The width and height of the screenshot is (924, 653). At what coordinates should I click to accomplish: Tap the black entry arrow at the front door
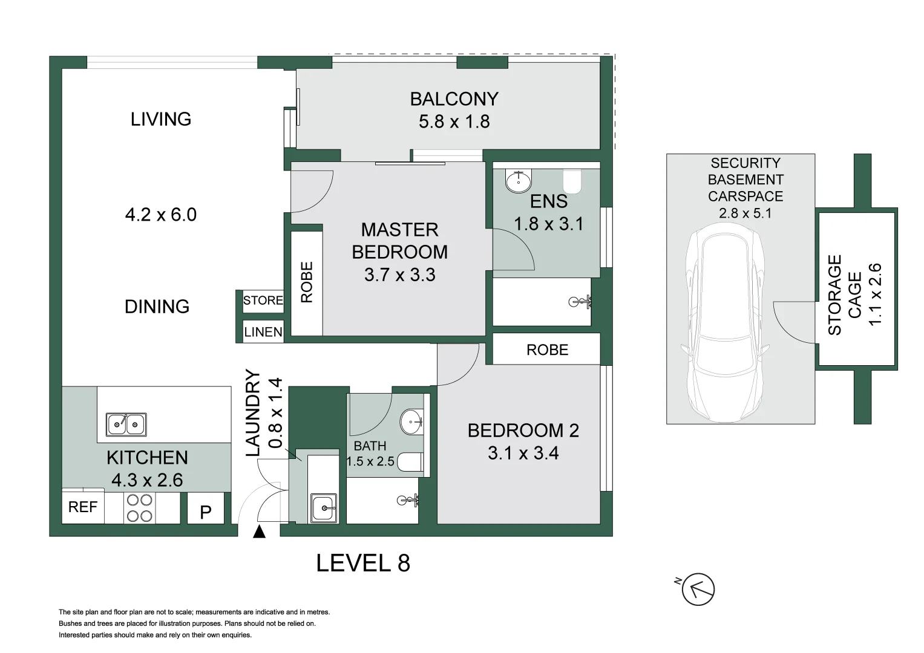[259, 532]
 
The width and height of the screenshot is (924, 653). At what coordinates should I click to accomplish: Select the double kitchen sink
[126, 424]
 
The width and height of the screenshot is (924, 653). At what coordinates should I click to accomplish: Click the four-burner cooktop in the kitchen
[139, 508]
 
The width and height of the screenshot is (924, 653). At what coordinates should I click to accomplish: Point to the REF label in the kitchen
[83, 507]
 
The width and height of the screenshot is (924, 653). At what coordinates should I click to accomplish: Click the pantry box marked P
[205, 508]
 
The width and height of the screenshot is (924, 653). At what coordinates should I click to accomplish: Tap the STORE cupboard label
[263, 300]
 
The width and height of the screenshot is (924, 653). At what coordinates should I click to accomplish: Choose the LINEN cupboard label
[263, 332]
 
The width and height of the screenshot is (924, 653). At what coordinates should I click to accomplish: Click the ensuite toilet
[572, 181]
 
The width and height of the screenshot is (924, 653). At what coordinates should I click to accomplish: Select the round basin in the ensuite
[519, 181]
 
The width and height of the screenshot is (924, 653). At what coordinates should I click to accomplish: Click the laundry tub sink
[324, 507]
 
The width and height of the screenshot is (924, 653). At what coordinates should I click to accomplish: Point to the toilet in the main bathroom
[410, 462]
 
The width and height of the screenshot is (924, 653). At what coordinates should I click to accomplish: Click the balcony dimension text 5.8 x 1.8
[454, 122]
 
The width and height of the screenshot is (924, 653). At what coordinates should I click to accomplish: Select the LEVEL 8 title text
[363, 563]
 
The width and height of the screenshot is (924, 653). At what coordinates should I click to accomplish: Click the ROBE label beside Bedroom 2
[548, 350]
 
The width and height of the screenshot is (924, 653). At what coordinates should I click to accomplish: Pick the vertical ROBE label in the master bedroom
[307, 282]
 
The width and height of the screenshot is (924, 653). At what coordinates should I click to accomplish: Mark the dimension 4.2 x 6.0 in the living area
[161, 215]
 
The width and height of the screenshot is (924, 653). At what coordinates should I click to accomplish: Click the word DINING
[157, 307]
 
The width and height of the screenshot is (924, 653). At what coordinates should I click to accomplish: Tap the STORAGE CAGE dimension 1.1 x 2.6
[874, 294]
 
